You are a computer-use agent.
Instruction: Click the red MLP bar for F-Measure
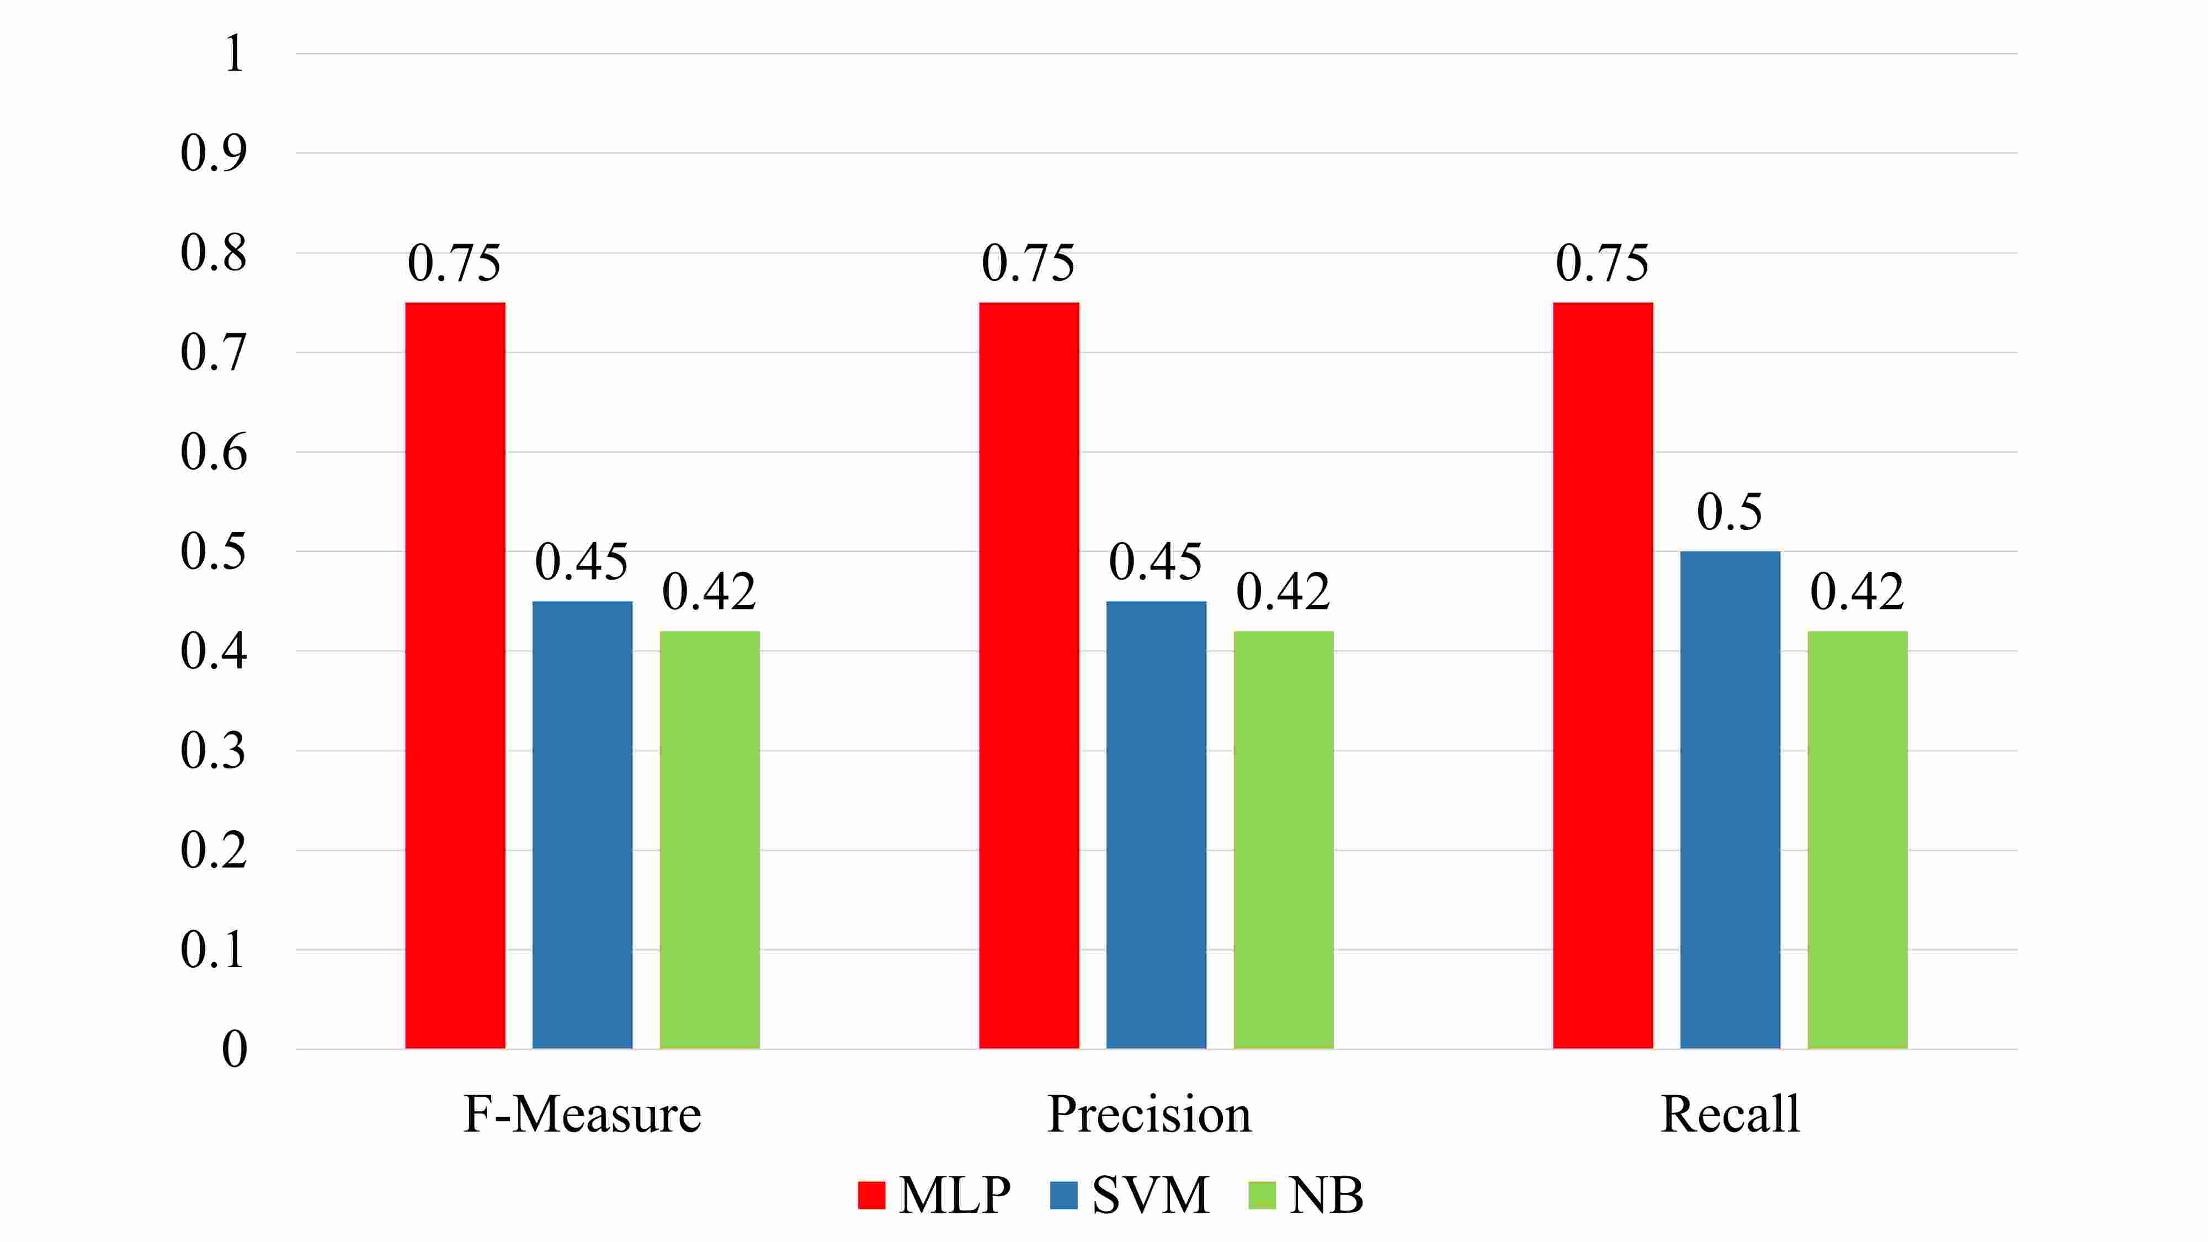pyautogui.click(x=455, y=676)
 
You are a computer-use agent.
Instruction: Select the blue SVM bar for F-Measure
pyautogui.click(x=582, y=825)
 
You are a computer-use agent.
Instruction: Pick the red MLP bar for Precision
pyautogui.click(x=1029, y=676)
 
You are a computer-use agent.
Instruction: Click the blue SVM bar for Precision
pyautogui.click(x=1156, y=825)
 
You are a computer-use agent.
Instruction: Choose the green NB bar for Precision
pyautogui.click(x=1283, y=840)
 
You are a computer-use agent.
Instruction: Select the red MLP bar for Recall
pyautogui.click(x=1603, y=676)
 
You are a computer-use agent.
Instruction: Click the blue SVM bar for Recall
pyautogui.click(x=1730, y=800)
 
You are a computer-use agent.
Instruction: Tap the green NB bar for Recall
pyautogui.click(x=1858, y=840)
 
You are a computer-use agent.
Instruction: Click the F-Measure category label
pyautogui.click(x=582, y=1114)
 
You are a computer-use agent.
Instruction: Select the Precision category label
pyautogui.click(x=1150, y=1114)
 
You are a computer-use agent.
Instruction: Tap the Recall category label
pyautogui.click(x=1730, y=1114)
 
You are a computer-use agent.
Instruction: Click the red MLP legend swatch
pyautogui.click(x=871, y=1195)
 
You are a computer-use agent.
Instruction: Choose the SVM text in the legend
pyautogui.click(x=1150, y=1195)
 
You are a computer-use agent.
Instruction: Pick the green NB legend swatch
pyautogui.click(x=1262, y=1195)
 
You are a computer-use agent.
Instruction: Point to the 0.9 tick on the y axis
pyautogui.click(x=214, y=153)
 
